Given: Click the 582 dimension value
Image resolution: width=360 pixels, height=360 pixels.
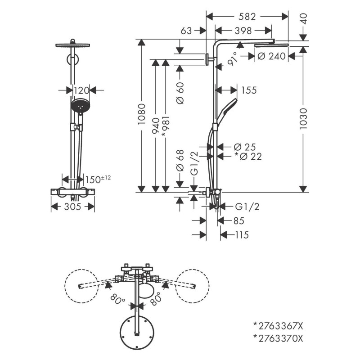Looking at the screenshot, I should point(247,17).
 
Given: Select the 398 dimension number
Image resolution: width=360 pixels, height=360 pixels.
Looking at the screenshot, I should point(243,31).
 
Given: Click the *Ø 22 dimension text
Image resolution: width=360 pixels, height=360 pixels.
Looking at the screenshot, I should point(248,156).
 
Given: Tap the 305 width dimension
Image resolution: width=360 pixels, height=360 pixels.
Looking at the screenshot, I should point(72,207).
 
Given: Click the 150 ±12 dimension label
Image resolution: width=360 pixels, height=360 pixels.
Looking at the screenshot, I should point(97,180).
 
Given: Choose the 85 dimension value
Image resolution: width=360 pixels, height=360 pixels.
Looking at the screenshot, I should point(238,221).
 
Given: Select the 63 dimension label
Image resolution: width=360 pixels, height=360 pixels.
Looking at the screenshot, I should point(186,31).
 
